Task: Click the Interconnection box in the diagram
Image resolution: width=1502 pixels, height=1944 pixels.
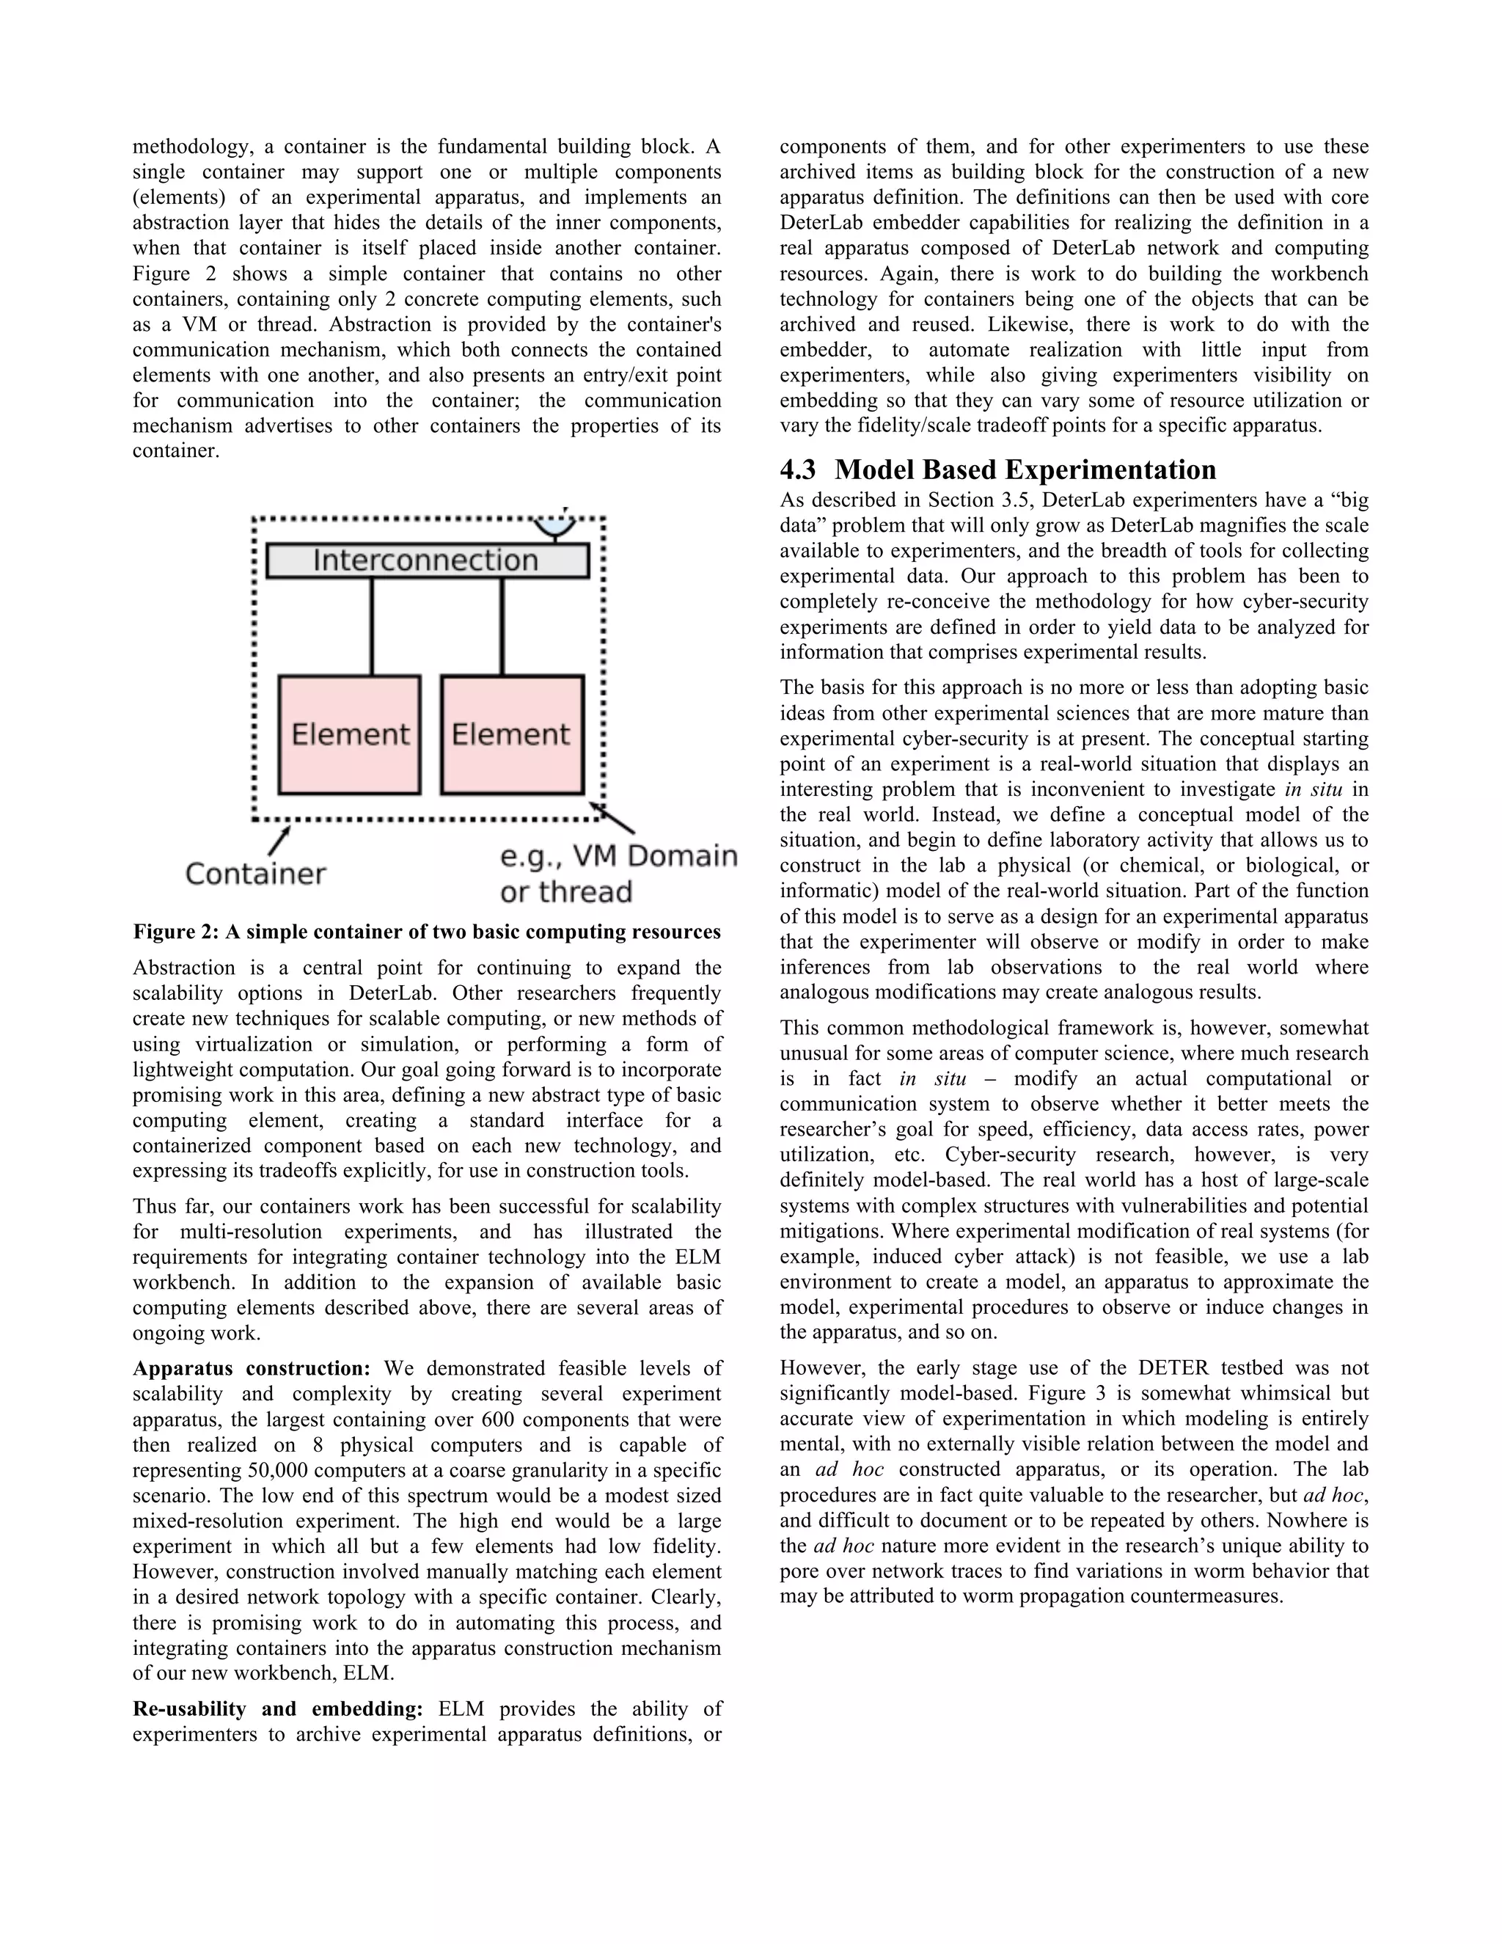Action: coord(427,560)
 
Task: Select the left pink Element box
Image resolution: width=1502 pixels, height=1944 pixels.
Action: coord(350,734)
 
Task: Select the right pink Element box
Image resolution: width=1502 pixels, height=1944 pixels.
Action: coord(512,734)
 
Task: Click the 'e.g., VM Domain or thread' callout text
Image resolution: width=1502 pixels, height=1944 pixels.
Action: coord(618,873)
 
